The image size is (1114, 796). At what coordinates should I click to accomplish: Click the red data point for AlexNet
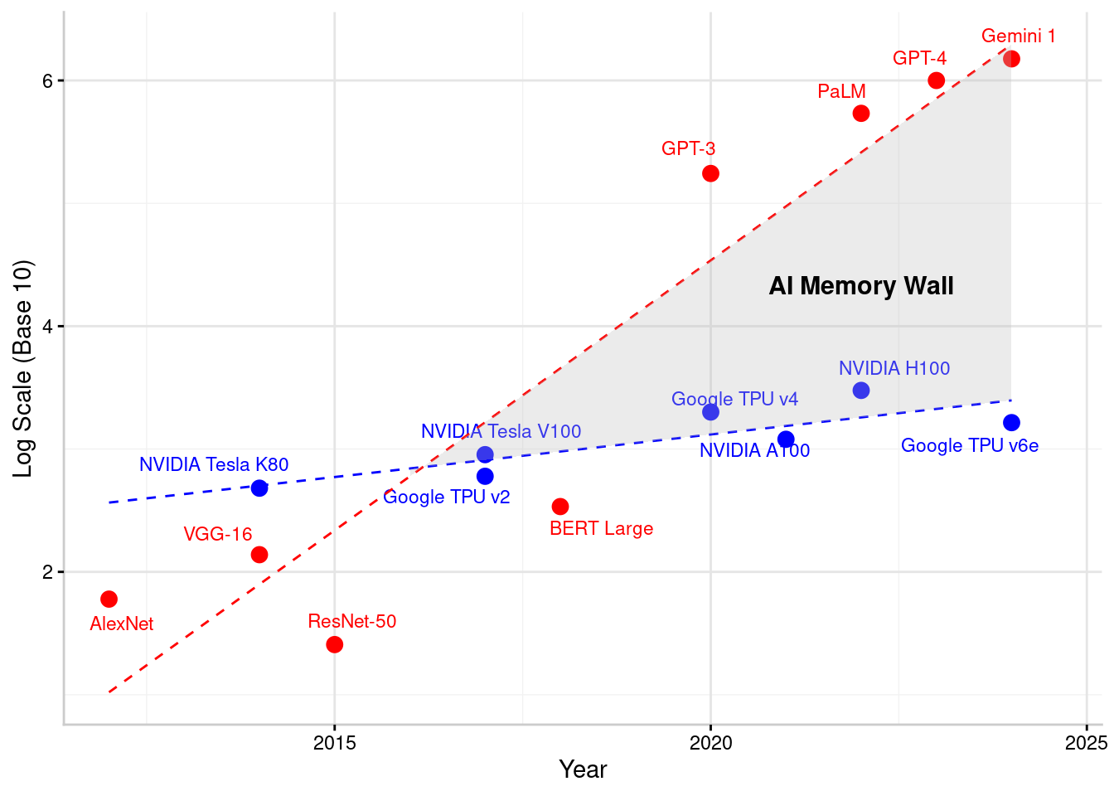pyautogui.click(x=109, y=599)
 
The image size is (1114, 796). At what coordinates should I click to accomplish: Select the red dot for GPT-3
pyautogui.click(x=710, y=173)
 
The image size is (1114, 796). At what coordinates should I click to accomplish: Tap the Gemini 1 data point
pyautogui.click(x=1011, y=59)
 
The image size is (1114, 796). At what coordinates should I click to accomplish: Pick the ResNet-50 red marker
pyautogui.click(x=334, y=644)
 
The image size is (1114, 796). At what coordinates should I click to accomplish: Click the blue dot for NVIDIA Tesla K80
pyautogui.click(x=259, y=488)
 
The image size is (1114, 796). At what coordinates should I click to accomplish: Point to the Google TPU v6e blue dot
pyautogui.click(x=1011, y=423)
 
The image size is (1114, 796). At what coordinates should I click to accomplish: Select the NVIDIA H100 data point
pyautogui.click(x=861, y=391)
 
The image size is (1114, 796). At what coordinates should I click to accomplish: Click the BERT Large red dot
pyautogui.click(x=560, y=507)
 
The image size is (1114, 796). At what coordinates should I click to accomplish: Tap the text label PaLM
pyautogui.click(x=841, y=91)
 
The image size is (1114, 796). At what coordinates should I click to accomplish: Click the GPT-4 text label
pyautogui.click(x=919, y=58)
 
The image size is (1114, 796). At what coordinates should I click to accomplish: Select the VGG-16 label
pyautogui.click(x=218, y=534)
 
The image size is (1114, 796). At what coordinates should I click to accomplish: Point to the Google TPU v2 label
pyautogui.click(x=447, y=497)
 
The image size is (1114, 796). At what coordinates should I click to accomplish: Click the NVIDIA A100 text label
pyautogui.click(x=754, y=450)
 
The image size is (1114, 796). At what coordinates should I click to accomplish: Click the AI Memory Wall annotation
pyautogui.click(x=861, y=286)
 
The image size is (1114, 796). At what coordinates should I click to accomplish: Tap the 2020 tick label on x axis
pyautogui.click(x=710, y=743)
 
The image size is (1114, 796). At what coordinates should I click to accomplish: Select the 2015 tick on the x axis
pyautogui.click(x=335, y=743)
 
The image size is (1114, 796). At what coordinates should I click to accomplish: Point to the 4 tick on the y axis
pyautogui.click(x=47, y=326)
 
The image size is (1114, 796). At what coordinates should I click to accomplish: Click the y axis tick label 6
pyautogui.click(x=47, y=80)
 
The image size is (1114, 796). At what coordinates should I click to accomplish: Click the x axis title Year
pyautogui.click(x=583, y=769)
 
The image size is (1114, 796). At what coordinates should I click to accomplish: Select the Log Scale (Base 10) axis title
pyautogui.click(x=23, y=369)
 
